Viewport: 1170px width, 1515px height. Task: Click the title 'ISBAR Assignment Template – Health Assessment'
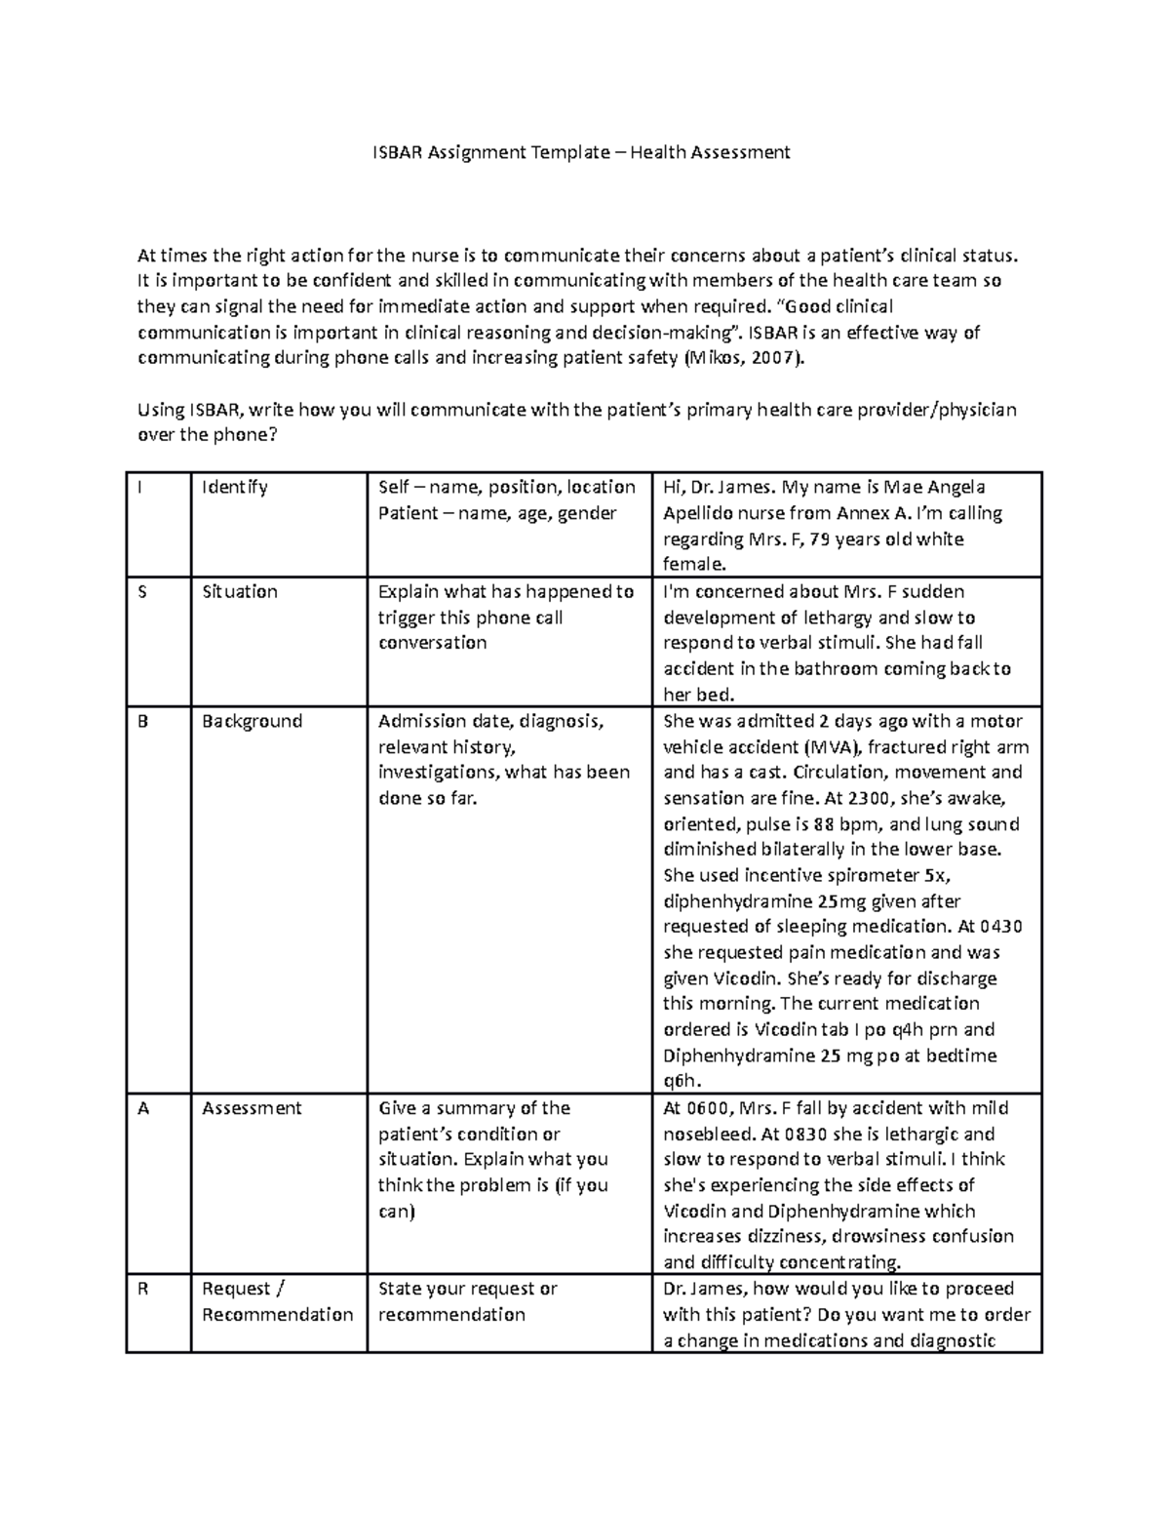pos(582,152)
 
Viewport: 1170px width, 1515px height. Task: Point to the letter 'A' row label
pos(143,1109)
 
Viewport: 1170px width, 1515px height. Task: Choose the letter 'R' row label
pos(143,1289)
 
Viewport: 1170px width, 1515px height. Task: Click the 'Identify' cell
pos(234,488)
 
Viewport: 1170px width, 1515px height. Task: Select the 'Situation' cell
pos(240,592)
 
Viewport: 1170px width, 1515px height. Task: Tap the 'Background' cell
pos(252,722)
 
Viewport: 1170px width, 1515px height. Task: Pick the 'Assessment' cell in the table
pos(252,1109)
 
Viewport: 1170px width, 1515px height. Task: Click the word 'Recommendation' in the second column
pos(277,1315)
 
